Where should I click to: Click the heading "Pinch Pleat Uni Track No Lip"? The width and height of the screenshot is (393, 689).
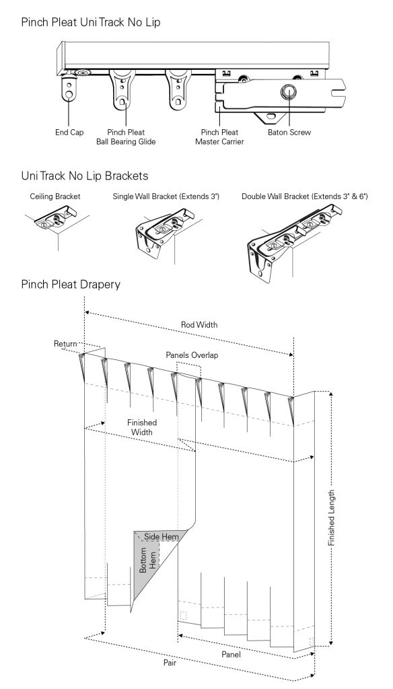point(91,22)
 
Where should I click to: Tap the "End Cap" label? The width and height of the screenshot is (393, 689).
point(69,133)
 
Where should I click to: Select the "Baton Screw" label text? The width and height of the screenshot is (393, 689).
point(289,133)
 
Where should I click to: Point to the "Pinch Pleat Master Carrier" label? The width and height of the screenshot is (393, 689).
point(219,137)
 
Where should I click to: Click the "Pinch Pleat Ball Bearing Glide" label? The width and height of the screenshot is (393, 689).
point(126,137)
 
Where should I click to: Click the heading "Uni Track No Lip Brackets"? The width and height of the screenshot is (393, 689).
point(84,176)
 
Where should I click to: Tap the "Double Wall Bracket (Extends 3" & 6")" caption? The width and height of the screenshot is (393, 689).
point(305,196)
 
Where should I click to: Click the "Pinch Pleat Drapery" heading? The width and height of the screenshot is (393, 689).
point(71,285)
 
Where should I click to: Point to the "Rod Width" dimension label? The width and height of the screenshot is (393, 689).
point(199,325)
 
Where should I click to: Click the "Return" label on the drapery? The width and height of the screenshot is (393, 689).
point(65,344)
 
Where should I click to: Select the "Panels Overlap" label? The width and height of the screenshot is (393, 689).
point(192,355)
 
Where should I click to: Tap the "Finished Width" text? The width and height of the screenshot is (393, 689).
point(142,427)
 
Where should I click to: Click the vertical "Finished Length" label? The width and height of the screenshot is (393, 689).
point(332,518)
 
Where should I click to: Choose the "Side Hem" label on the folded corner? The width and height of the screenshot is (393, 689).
point(162,536)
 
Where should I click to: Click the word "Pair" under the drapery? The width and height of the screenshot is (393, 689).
point(170,662)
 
